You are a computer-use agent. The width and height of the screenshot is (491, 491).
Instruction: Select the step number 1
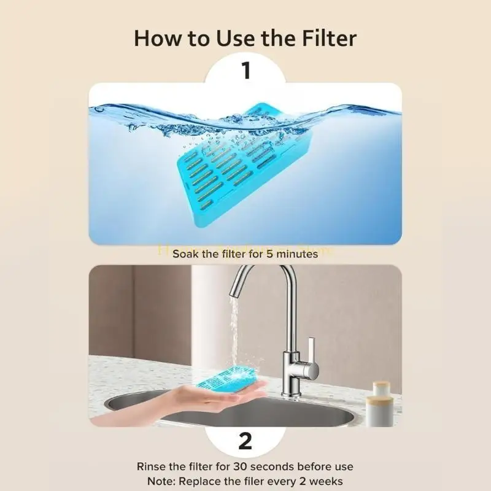click(x=245, y=71)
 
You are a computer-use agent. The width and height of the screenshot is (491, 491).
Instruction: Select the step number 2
click(x=245, y=441)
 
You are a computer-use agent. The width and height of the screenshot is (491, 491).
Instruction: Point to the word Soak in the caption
click(x=187, y=253)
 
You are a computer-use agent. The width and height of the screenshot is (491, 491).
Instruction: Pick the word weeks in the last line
click(x=325, y=481)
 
